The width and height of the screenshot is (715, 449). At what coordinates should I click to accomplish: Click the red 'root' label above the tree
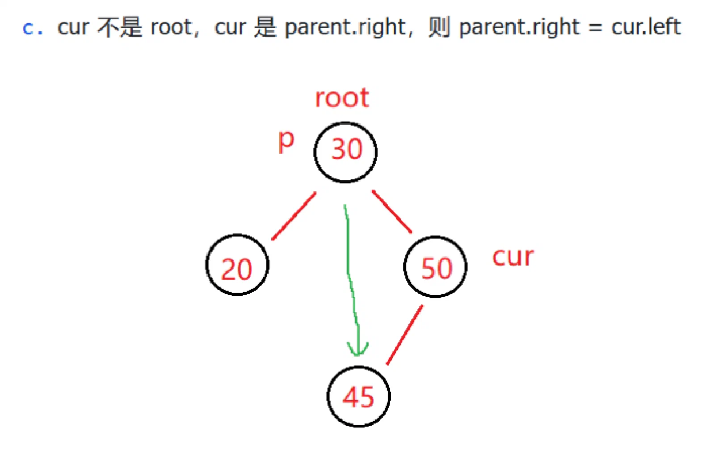pyautogui.click(x=342, y=98)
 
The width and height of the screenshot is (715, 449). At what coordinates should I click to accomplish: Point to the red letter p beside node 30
pyautogui.click(x=286, y=141)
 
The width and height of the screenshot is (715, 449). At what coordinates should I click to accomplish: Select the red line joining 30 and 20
pyautogui.click(x=294, y=216)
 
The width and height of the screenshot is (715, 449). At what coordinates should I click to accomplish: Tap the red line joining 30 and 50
pyautogui.click(x=392, y=212)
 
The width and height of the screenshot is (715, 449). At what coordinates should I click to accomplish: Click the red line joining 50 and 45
pyautogui.click(x=405, y=335)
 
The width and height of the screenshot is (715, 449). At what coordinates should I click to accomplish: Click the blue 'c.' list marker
pyautogui.click(x=33, y=28)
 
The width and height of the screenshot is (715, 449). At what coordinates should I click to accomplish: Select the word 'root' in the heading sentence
pyautogui.click(x=171, y=27)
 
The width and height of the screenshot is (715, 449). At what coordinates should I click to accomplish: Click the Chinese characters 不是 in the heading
pyautogui.click(x=120, y=27)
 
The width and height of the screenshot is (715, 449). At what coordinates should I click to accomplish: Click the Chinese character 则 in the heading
pyautogui.click(x=439, y=27)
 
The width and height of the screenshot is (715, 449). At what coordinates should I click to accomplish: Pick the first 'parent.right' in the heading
pyautogui.click(x=345, y=28)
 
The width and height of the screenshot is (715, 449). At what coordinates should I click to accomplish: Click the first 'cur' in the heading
pyautogui.click(x=73, y=27)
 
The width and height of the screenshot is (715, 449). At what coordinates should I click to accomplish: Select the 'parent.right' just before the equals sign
pyautogui.click(x=519, y=28)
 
